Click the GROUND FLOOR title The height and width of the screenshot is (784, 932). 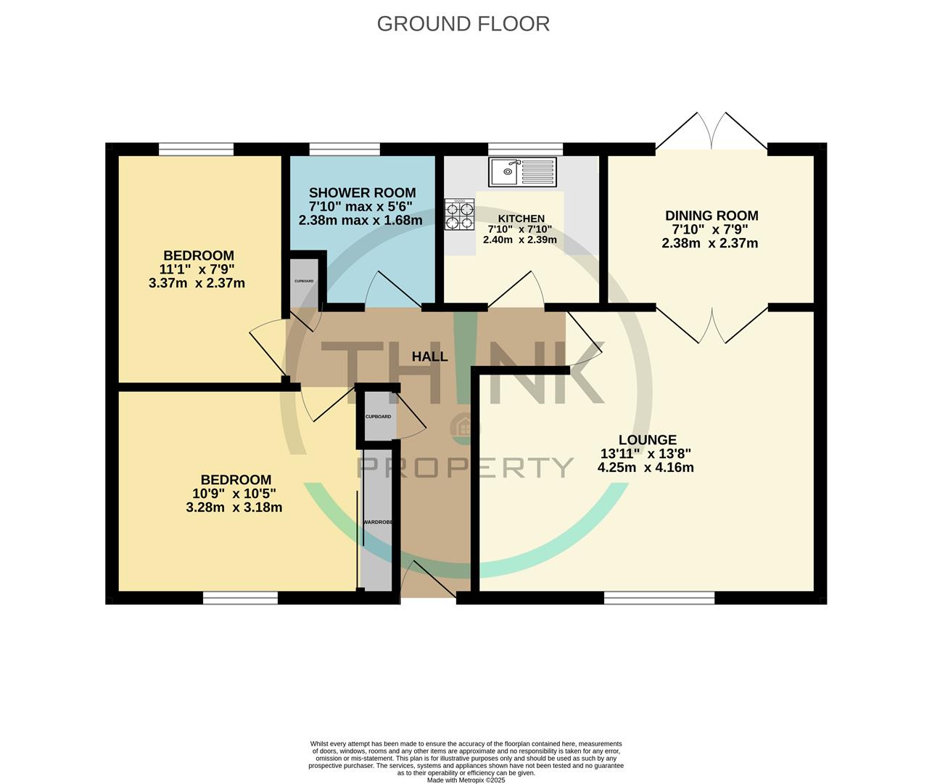[463, 24]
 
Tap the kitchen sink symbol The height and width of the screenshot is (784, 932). [522, 172]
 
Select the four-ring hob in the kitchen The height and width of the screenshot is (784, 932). [459, 214]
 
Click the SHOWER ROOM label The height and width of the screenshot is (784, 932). [362, 193]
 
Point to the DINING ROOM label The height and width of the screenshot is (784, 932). [711, 216]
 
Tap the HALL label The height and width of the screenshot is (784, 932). [429, 357]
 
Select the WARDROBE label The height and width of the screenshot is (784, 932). [378, 522]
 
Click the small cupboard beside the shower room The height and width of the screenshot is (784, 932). [304, 281]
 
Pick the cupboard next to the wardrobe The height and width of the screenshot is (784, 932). [379, 417]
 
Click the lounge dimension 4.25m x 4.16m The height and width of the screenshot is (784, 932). [645, 467]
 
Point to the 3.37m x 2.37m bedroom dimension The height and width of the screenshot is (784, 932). [197, 283]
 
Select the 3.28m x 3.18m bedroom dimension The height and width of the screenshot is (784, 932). [234, 507]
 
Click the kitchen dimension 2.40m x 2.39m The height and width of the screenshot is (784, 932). [519, 240]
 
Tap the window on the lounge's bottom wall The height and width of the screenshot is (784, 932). [659, 597]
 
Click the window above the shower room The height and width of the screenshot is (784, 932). [344, 149]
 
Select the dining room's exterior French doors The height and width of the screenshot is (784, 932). [712, 132]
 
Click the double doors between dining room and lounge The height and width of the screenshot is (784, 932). [712, 324]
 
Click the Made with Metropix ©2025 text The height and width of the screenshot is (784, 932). [466, 780]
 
